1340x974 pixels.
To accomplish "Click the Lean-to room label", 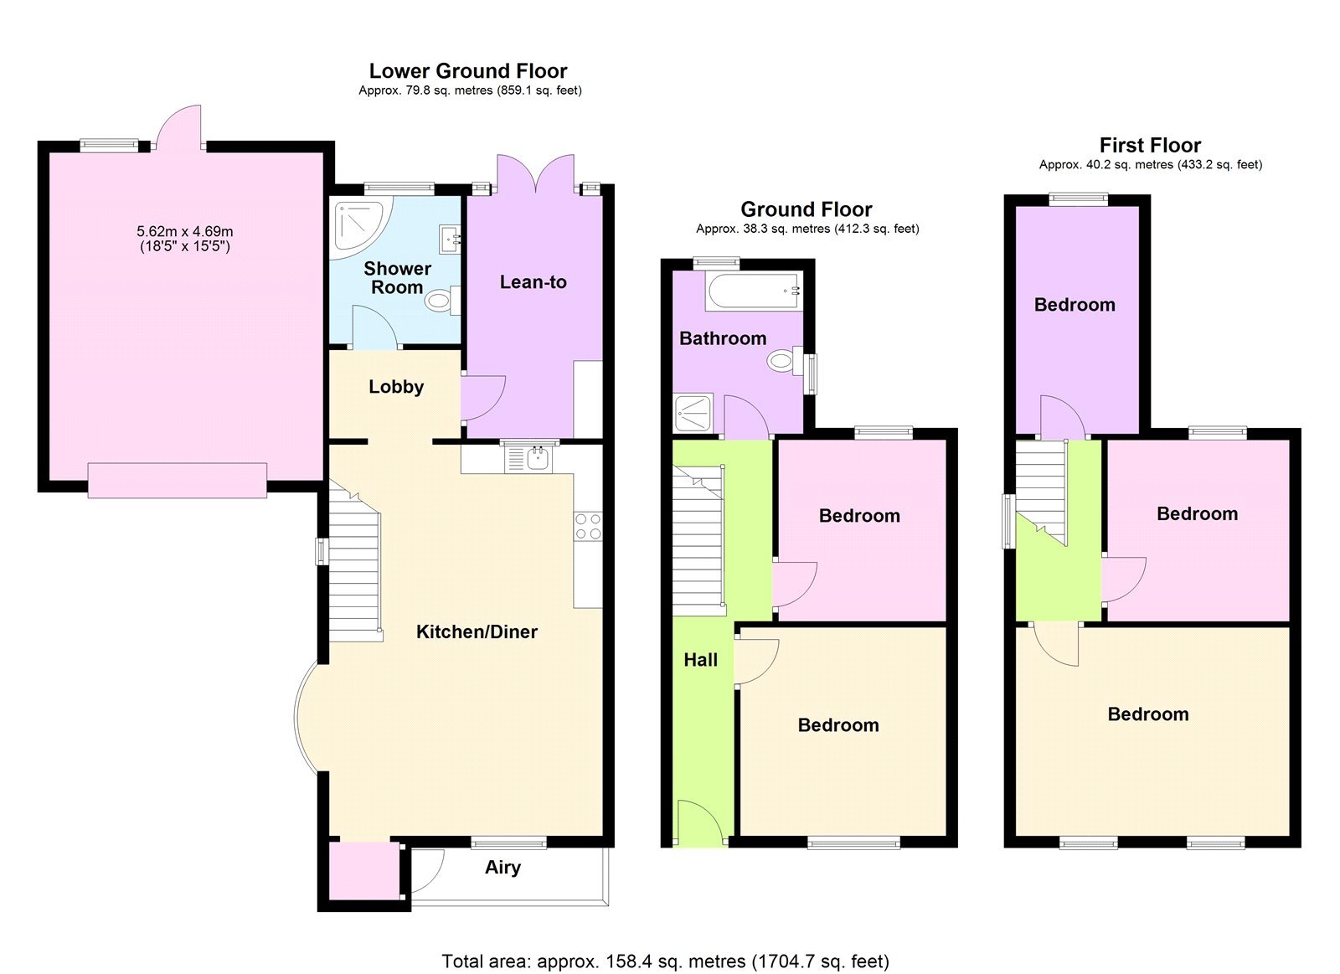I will tap(533, 282).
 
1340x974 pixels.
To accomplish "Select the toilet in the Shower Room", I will tap(440, 300).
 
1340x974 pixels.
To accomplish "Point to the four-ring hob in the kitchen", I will tap(587, 526).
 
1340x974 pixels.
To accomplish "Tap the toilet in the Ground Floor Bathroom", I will tap(782, 361).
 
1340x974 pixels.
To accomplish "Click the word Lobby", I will tap(396, 387).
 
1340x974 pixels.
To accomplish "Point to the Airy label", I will tap(502, 868).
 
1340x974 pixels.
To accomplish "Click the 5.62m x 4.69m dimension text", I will tap(185, 239).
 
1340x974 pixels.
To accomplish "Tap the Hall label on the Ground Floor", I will tap(700, 660).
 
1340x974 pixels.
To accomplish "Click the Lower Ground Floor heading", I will tap(468, 71).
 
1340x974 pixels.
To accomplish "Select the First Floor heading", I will tap(1150, 145).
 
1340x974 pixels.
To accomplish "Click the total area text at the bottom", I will tap(665, 961).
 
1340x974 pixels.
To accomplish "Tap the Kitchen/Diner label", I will tap(477, 632).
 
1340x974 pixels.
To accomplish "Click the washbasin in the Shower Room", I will tap(450, 237).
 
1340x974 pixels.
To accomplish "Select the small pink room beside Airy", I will tap(363, 870).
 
